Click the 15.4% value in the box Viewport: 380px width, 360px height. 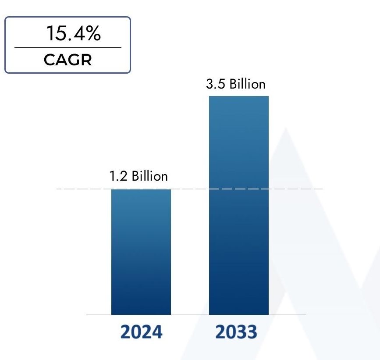74,34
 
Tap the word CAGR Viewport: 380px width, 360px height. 68,60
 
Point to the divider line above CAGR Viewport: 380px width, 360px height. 68,47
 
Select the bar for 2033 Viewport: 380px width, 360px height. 239,206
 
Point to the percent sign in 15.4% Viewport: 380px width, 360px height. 93,34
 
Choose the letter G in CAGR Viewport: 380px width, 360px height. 73,60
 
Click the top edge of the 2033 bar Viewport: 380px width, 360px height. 239,96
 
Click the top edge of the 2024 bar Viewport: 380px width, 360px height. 141,189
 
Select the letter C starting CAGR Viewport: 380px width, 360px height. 50,60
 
